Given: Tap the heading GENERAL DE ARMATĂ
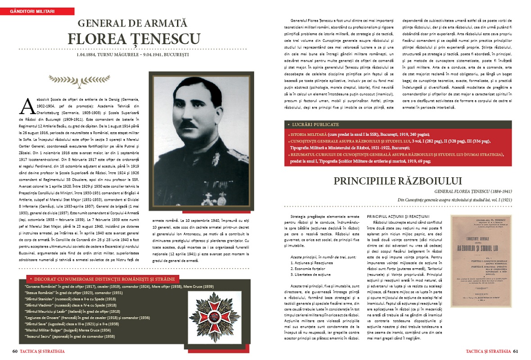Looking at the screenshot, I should pyautogui.click(x=133, y=23).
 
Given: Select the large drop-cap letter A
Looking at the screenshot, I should pyautogui.click(x=27, y=106).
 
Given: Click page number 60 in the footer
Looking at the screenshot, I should pyautogui.click(x=15, y=351).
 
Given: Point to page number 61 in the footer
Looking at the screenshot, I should pyautogui.click(x=516, y=351).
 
